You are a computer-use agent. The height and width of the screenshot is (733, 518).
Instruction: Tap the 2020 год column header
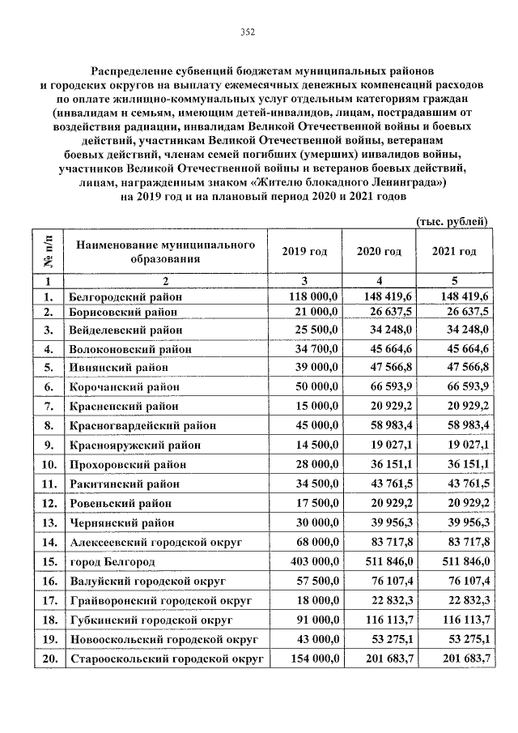pos(379,252)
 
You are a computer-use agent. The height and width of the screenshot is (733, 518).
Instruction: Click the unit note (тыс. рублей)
pos(452,221)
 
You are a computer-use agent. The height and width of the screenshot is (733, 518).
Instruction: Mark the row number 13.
pos(49,522)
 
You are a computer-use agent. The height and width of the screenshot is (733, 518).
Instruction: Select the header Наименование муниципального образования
pos(167,252)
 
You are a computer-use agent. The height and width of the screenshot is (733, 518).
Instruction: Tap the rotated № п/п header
pos(48,252)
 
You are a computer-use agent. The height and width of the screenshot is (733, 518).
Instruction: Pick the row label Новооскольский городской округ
pos(162,639)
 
